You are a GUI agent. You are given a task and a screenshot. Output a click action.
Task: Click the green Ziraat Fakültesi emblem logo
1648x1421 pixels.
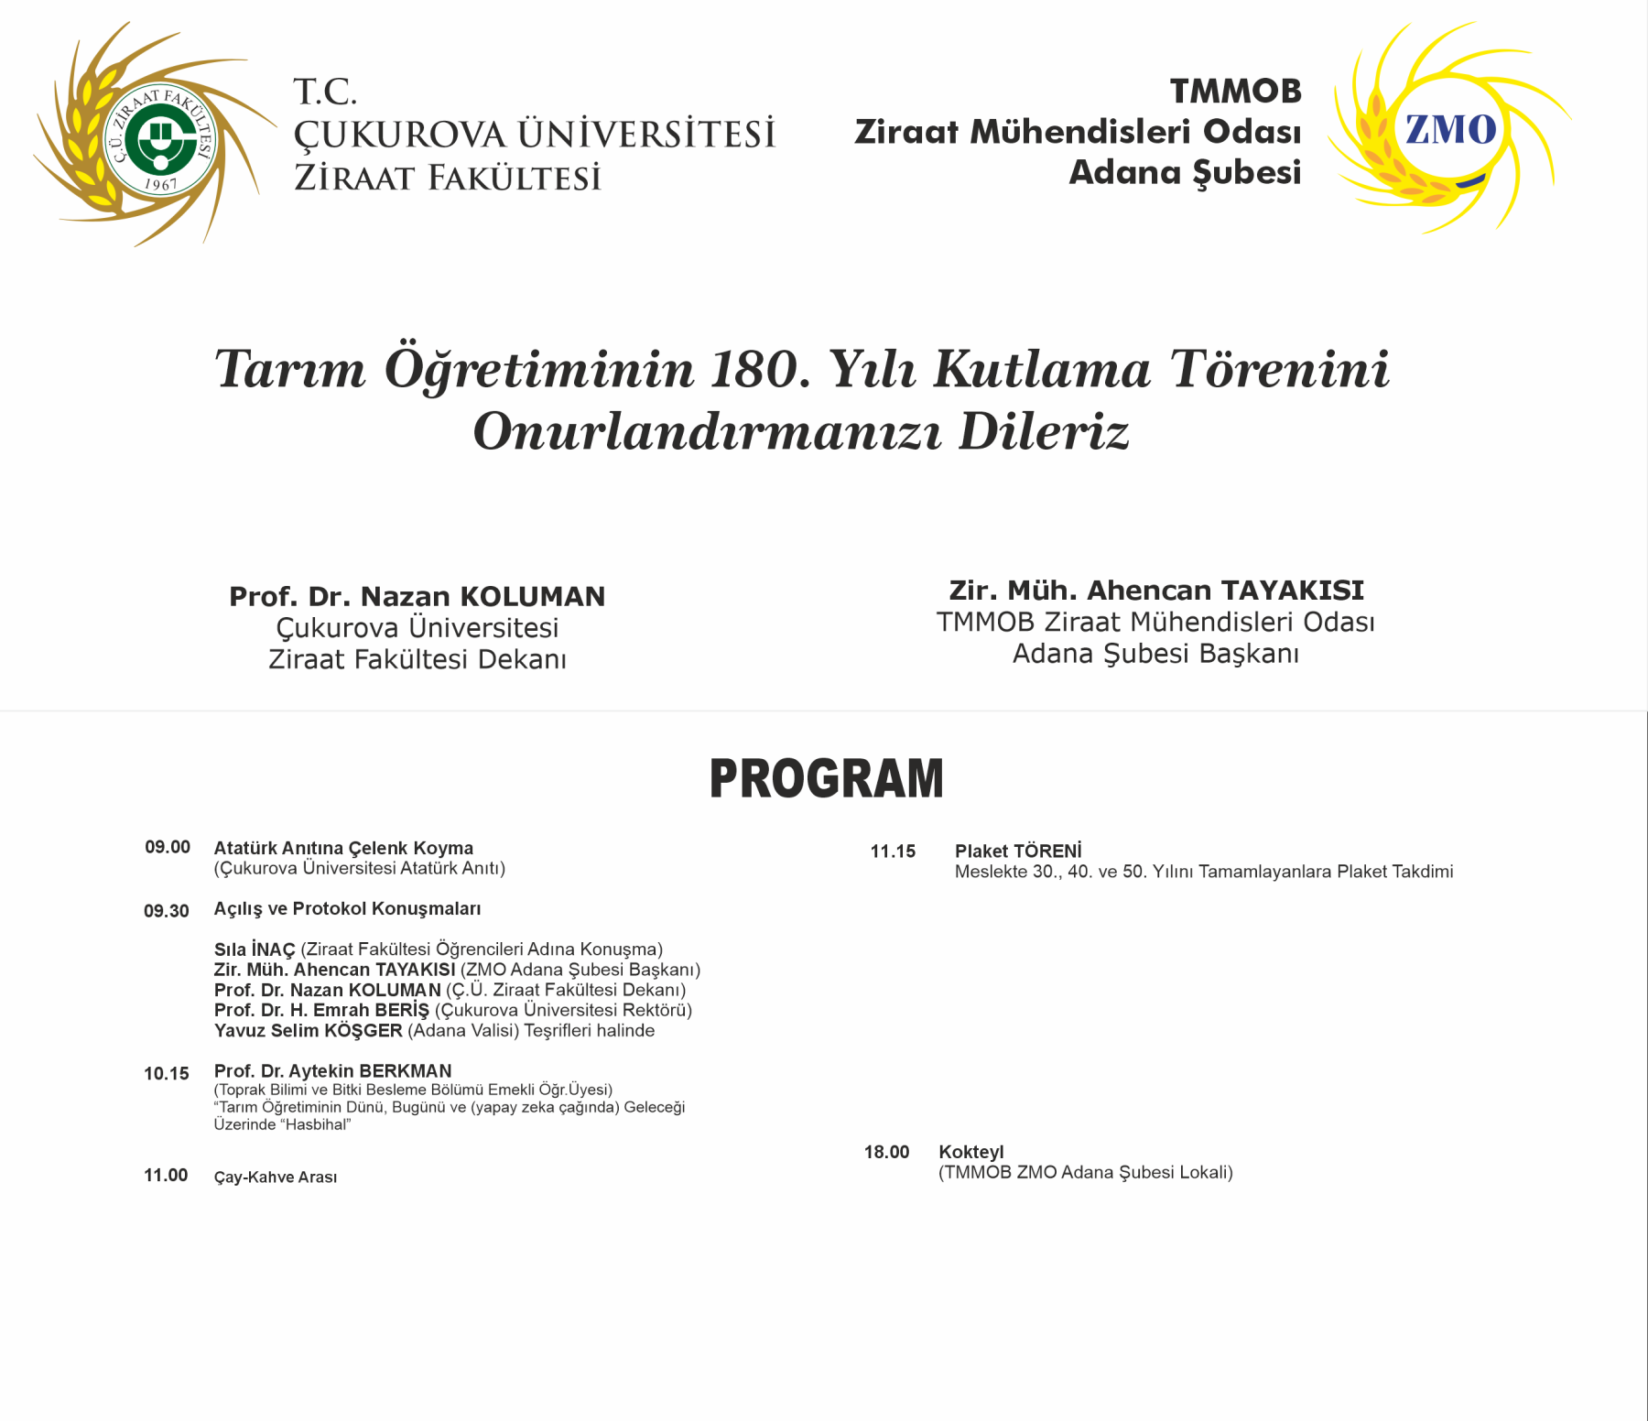coord(161,139)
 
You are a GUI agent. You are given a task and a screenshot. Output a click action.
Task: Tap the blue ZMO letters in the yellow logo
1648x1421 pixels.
coord(1451,130)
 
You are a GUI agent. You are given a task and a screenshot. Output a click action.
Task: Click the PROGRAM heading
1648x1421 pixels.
coord(826,779)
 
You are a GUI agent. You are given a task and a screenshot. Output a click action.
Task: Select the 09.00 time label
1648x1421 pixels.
coord(168,847)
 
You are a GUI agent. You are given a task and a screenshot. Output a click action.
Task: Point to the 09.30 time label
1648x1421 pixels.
coord(167,911)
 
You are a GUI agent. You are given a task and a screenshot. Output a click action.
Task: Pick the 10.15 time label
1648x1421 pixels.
coord(167,1073)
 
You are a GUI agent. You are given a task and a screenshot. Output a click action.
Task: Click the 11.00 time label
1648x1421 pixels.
coord(166,1175)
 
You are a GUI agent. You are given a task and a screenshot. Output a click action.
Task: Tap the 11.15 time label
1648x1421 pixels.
coord(893,852)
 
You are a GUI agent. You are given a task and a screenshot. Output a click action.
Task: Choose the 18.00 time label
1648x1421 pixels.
coord(887,1152)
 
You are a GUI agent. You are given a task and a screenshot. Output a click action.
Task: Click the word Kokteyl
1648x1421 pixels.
coord(971,1152)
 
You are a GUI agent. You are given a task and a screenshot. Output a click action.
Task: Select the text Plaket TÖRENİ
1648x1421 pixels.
coord(1018,852)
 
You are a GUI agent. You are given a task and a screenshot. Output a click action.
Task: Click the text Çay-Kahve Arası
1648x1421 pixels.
coord(276,1177)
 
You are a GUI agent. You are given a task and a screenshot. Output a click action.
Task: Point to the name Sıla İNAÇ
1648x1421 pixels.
coord(255,949)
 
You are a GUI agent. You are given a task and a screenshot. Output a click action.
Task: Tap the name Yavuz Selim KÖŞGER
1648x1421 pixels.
coord(308,1031)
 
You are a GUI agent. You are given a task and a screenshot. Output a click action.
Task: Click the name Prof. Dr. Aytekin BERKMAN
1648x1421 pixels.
coord(332,1070)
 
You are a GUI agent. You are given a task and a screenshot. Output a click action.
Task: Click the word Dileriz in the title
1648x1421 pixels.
coord(1044,432)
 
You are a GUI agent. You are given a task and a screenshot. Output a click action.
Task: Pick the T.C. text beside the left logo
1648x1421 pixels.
coord(325,92)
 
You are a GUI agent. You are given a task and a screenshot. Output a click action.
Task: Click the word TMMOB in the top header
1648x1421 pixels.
coord(1235,92)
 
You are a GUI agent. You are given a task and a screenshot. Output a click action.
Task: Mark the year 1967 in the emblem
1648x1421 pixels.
coord(161,185)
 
